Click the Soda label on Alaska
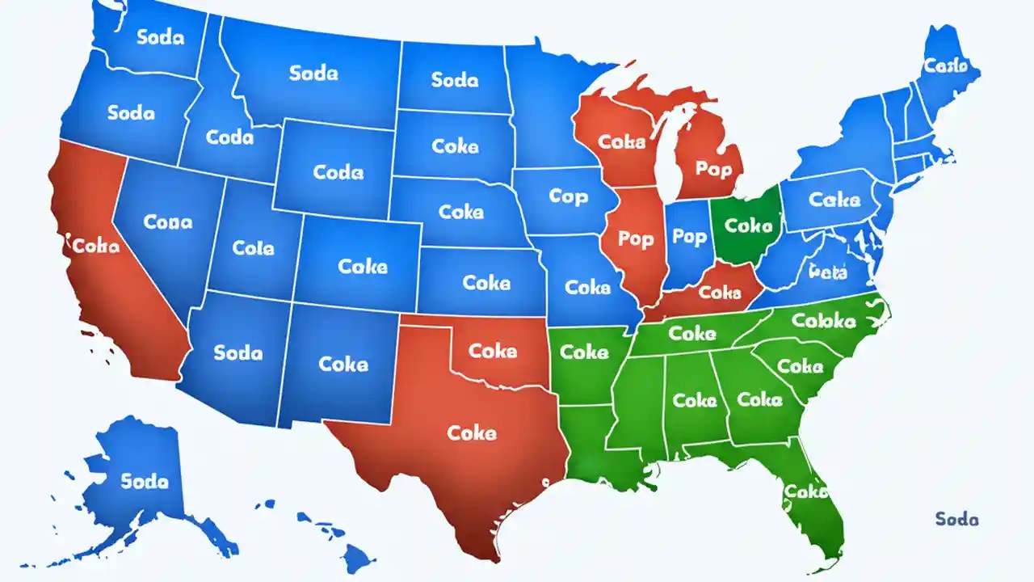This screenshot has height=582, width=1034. (x=145, y=480)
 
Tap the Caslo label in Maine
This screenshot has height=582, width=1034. (x=945, y=66)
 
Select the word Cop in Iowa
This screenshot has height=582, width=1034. (x=569, y=196)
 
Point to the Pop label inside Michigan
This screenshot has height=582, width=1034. (x=713, y=169)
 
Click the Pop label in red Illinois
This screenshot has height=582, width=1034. (x=636, y=239)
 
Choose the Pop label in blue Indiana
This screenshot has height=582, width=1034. (x=689, y=236)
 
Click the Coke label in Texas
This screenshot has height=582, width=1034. (x=472, y=432)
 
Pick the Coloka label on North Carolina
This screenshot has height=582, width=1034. (x=823, y=321)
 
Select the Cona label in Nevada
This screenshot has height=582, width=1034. (x=167, y=221)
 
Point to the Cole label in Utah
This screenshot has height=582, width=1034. (x=253, y=248)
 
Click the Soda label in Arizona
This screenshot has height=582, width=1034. (x=237, y=352)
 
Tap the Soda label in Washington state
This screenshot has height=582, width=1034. (x=160, y=38)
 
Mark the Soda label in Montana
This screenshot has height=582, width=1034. (x=313, y=73)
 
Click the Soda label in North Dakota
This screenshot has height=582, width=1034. (x=455, y=79)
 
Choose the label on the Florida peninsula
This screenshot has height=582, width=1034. (x=805, y=491)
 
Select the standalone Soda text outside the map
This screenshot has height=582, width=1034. (x=956, y=519)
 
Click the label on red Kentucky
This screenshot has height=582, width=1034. (x=720, y=292)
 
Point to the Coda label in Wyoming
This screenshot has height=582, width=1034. (x=338, y=172)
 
